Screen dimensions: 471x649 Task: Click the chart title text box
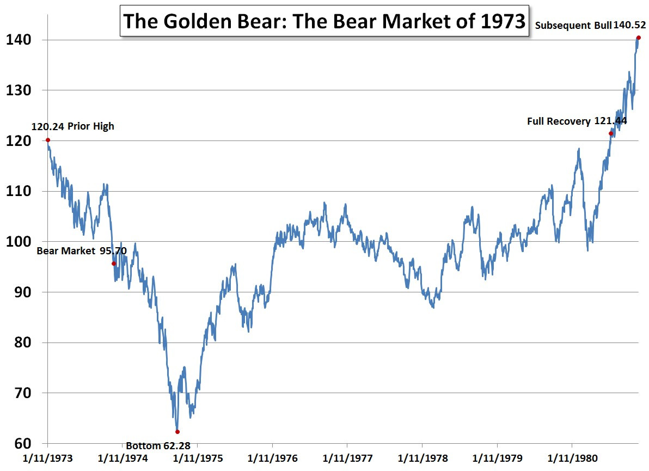(324, 21)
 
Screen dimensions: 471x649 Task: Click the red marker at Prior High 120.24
(48, 140)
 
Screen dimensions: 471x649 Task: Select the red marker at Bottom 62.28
(177, 432)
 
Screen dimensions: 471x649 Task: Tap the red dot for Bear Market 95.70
(114, 264)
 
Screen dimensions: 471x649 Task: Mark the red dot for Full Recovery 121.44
(611, 133)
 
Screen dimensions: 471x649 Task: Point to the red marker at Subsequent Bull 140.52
(639, 38)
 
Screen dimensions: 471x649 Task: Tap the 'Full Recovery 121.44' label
(577, 121)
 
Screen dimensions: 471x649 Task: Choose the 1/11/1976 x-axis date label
(272, 458)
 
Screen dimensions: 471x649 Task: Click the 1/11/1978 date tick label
(422, 458)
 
